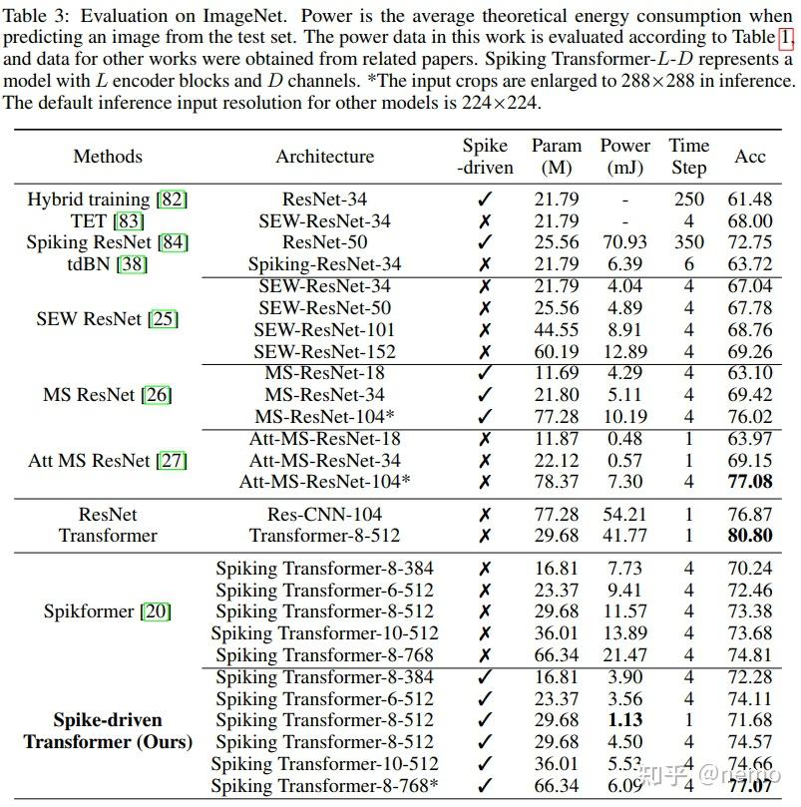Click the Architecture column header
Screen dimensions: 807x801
(x=324, y=157)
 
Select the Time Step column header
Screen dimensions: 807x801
(x=688, y=157)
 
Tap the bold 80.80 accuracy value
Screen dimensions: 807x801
(x=750, y=536)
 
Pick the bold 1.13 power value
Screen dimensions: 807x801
(x=625, y=720)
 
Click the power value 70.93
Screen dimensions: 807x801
(x=625, y=242)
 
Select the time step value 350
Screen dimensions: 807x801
(x=688, y=242)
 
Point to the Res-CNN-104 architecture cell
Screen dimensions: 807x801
(x=324, y=515)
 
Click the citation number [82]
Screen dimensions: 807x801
(x=173, y=200)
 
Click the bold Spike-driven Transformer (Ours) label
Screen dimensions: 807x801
(x=108, y=731)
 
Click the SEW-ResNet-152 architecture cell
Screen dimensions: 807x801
(x=324, y=351)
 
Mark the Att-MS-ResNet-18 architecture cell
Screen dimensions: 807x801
(x=324, y=439)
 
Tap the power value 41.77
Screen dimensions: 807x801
(x=625, y=536)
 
